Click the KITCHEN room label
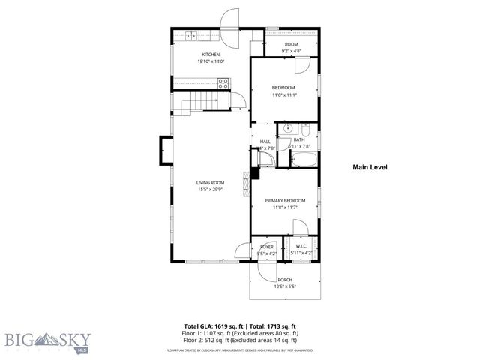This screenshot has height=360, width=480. click(210, 55)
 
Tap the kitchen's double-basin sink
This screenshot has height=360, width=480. click(191, 35)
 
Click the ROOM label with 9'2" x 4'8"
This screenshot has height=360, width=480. click(291, 45)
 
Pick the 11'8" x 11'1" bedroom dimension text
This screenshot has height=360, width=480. click(284, 95)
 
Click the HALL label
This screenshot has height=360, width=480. click(265, 142)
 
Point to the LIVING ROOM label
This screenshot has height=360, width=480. click(211, 183)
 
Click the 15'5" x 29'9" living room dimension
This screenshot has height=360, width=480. click(211, 190)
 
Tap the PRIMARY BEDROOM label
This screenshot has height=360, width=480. click(284, 201)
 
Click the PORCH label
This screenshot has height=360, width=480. click(284, 279)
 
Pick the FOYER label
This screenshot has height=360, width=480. click(267, 246)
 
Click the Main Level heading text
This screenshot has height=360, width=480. click(370, 167)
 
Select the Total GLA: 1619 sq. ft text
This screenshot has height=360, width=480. click(205, 326)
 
